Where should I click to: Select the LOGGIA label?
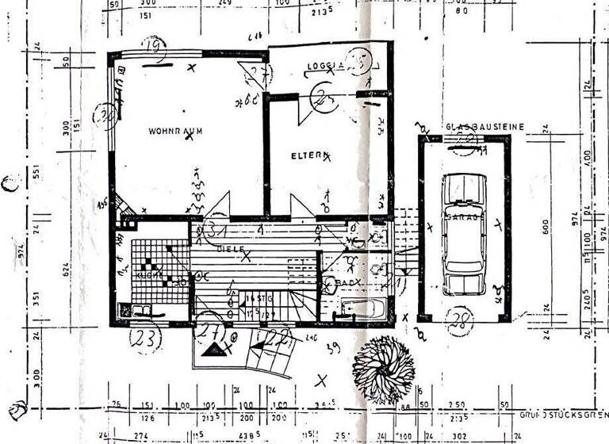click(325, 66)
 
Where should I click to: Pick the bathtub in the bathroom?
click(361, 308)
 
